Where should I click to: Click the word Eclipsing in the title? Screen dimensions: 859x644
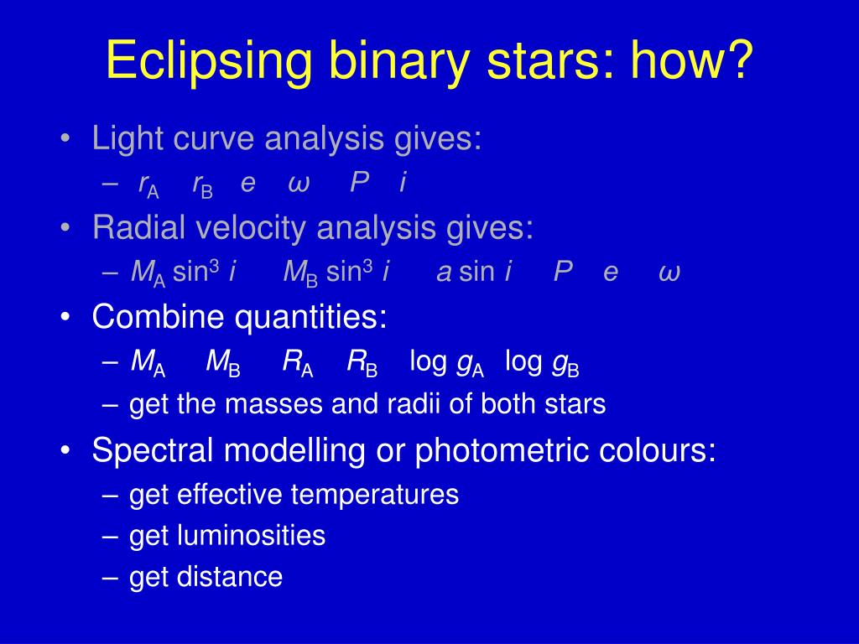209,60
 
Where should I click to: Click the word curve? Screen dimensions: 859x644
214,138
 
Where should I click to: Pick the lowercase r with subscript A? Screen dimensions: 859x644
148,184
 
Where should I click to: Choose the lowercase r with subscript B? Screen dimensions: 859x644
202,184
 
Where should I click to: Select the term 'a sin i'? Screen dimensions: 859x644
475,272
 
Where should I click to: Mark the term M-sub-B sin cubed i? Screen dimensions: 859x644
336,273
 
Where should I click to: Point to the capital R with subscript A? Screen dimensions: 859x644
298,363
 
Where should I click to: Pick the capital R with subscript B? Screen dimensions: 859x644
362,363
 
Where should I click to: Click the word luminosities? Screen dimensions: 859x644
252,535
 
